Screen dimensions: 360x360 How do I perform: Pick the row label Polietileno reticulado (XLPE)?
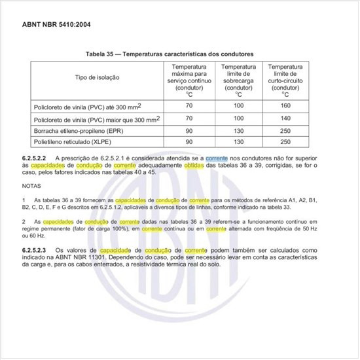(73, 141)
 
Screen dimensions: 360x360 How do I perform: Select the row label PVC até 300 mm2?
(87, 106)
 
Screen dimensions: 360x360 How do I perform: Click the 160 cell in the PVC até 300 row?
(285, 105)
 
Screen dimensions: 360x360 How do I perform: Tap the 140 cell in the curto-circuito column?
(285, 118)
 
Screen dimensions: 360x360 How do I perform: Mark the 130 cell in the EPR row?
(238, 130)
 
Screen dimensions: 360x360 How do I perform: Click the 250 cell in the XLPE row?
(285, 141)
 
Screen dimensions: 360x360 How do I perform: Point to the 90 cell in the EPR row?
(189, 130)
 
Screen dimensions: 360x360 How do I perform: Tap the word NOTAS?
(31, 187)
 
